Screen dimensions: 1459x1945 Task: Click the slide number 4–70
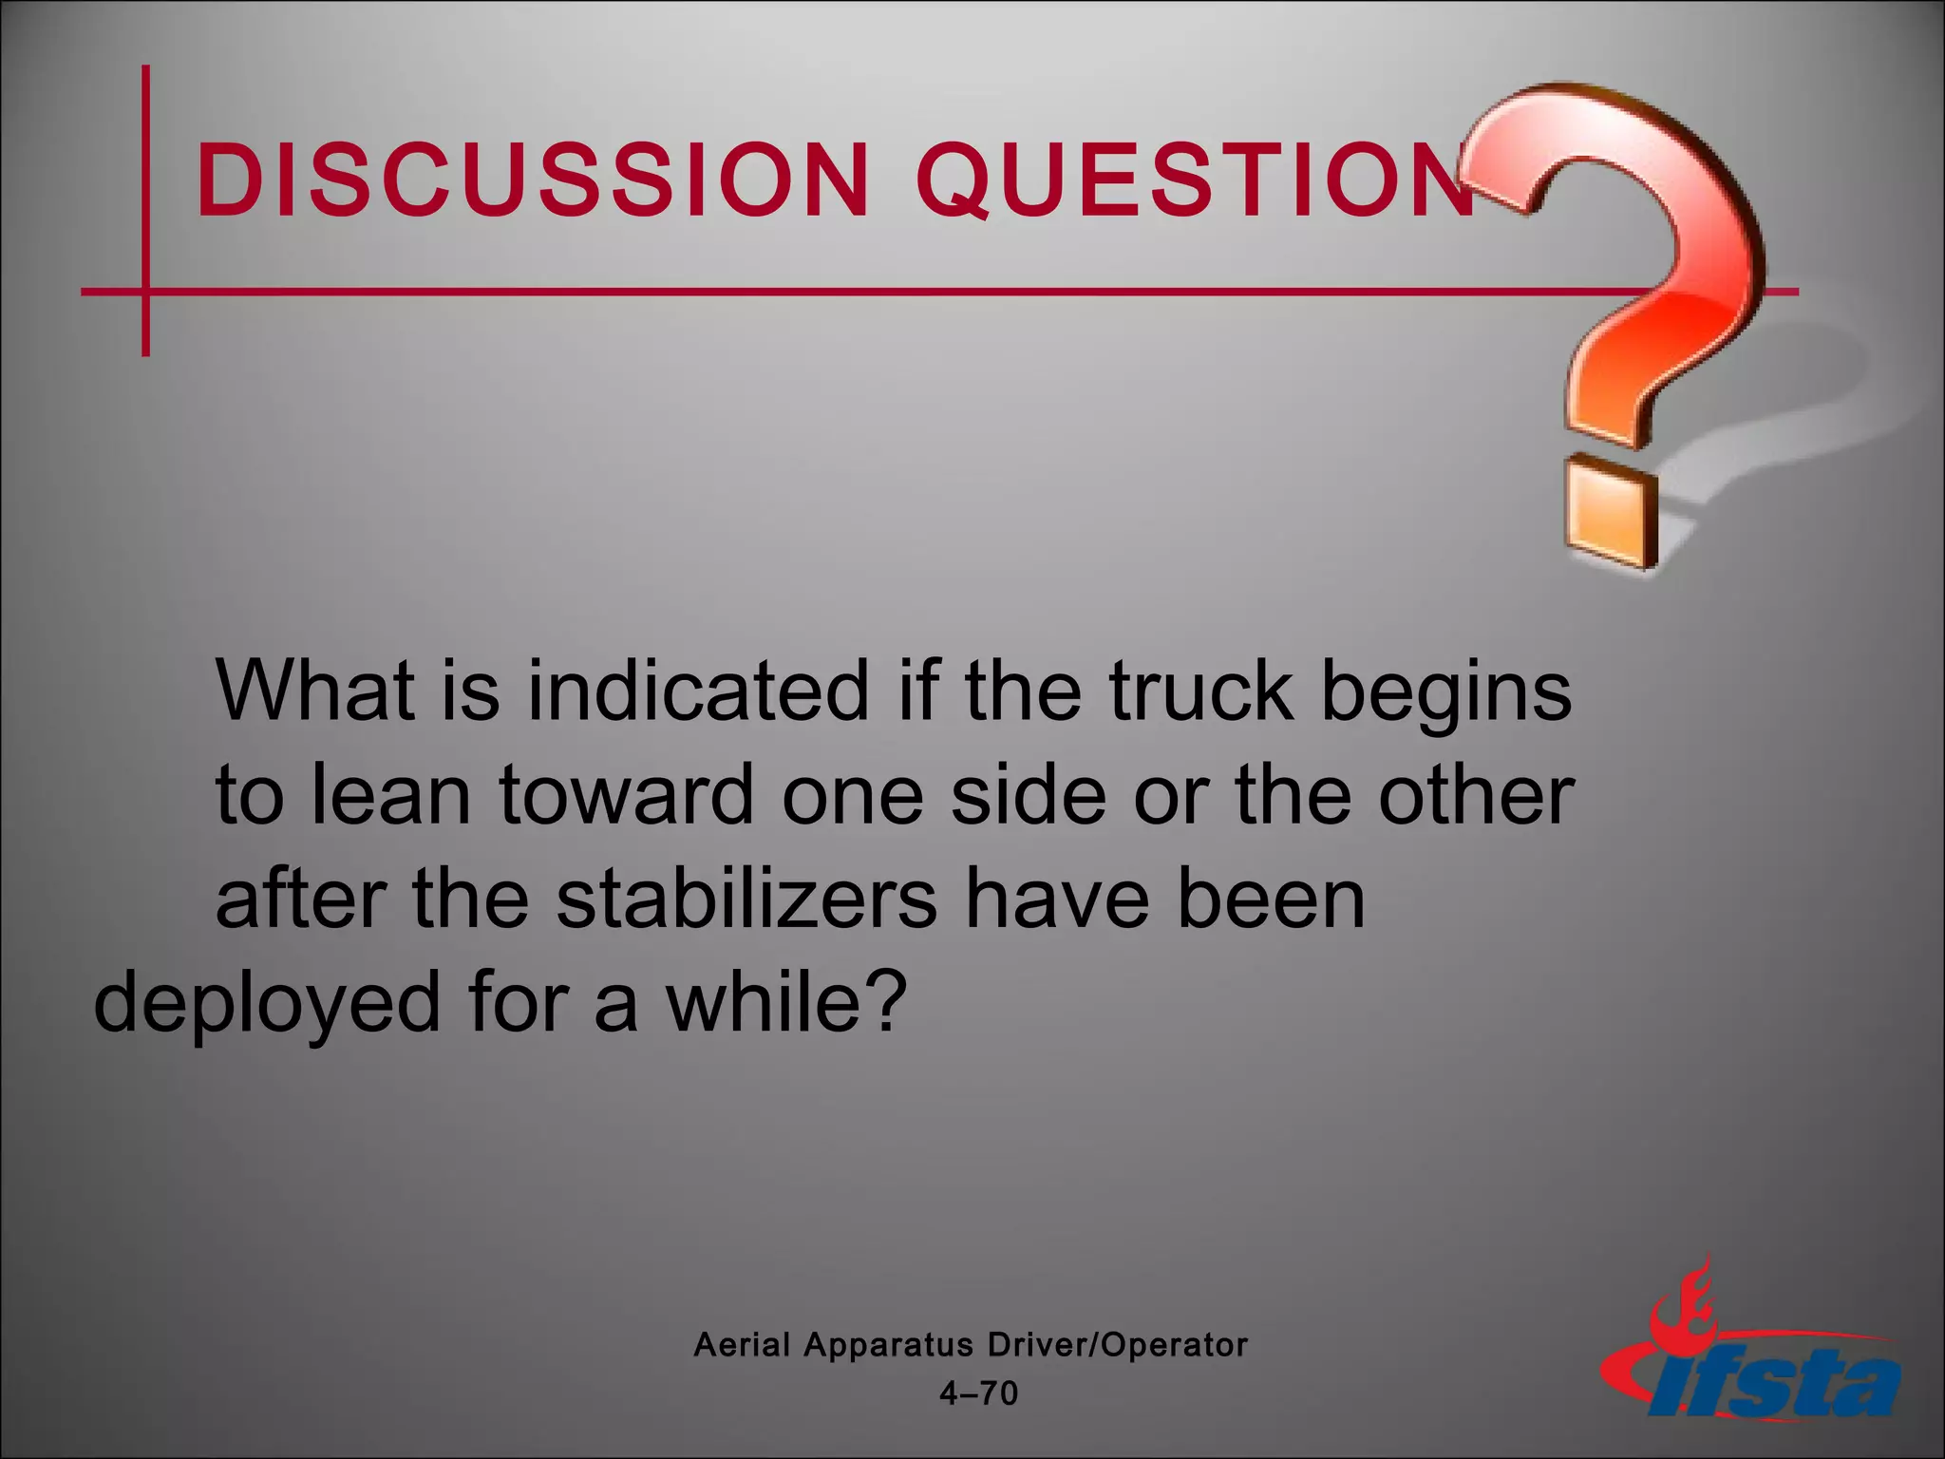click(978, 1393)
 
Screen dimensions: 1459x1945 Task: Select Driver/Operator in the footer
click(1118, 1344)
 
